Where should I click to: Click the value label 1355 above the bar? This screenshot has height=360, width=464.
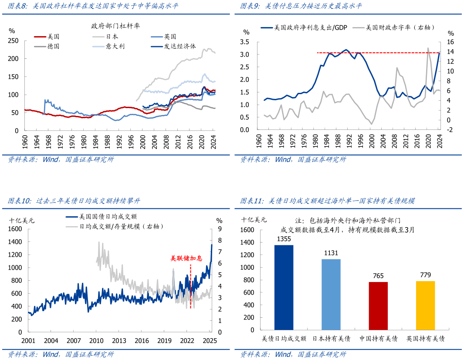[x=284, y=239]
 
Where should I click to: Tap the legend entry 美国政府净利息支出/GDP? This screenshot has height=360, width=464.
[x=305, y=27]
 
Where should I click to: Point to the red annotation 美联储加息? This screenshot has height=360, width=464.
[x=186, y=258]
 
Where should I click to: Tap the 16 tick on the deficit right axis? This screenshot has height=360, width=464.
[x=450, y=42]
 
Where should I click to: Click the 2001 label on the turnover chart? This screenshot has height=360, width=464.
[x=28, y=341]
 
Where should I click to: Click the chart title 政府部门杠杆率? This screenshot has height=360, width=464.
[x=115, y=26]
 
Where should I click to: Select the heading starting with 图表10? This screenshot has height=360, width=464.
[x=74, y=201]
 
